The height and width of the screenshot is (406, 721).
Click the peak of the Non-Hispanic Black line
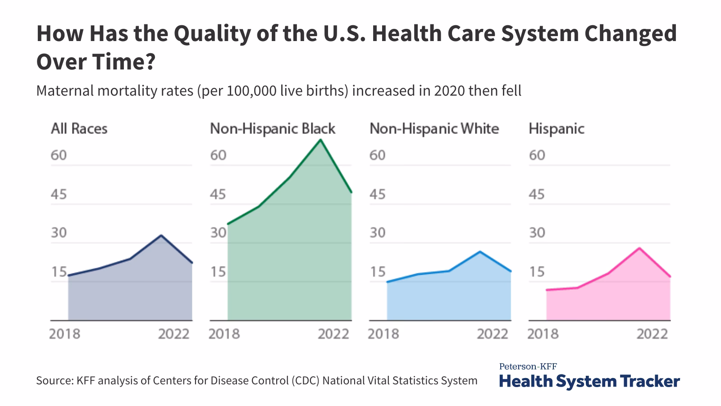[x=320, y=140]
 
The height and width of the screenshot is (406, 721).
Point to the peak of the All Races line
[x=161, y=235]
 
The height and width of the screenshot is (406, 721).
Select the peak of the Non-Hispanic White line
[x=480, y=252]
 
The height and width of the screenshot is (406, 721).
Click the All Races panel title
[x=79, y=129]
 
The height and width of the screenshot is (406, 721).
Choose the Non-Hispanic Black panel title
[x=273, y=129]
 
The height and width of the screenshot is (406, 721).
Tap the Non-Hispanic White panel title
[x=434, y=129]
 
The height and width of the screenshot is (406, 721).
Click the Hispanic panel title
[x=556, y=129]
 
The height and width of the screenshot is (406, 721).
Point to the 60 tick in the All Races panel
[x=59, y=155]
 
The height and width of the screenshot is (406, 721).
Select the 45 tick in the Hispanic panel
[x=537, y=194]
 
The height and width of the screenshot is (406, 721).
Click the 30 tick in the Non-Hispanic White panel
[x=378, y=233]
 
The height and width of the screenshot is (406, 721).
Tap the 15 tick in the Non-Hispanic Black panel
[x=218, y=272]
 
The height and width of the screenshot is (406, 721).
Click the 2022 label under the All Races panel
[x=173, y=334]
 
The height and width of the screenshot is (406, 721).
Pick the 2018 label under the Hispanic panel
[x=543, y=334]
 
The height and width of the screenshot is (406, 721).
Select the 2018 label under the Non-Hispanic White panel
[x=383, y=334]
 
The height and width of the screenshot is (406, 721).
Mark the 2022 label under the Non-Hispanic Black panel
[x=333, y=334]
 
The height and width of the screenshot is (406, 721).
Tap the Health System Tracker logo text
[x=589, y=381]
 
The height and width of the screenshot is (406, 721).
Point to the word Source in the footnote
[x=54, y=380]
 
